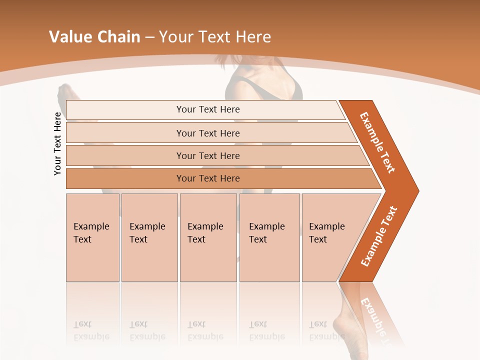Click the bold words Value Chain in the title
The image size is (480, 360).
click(94, 37)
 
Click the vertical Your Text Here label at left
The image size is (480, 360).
click(57, 144)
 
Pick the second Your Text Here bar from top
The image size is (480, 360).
click(208, 133)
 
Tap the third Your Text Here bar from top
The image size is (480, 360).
click(208, 155)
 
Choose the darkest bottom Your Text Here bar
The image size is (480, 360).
click(208, 178)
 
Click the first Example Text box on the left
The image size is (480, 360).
click(92, 237)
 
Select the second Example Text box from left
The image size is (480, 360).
click(149, 237)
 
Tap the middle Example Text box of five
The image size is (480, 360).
click(207, 237)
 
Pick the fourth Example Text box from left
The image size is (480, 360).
click(269, 237)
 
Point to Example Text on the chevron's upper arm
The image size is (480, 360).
click(377, 142)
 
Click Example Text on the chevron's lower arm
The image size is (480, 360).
click(379, 236)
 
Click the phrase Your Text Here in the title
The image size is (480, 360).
click(215, 37)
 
